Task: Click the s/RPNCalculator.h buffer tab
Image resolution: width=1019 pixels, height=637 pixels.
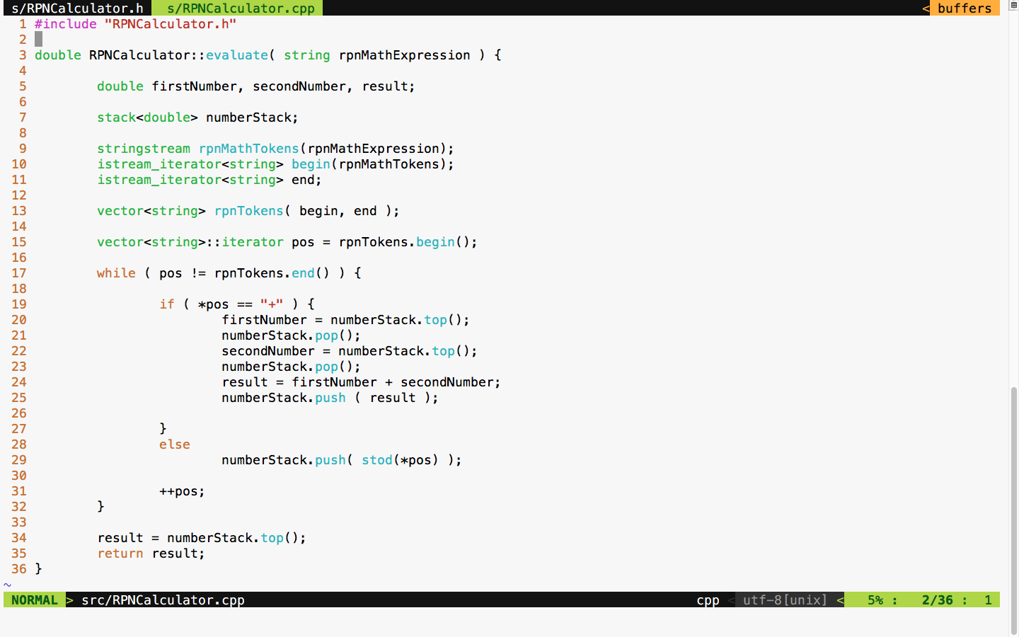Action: [77, 8]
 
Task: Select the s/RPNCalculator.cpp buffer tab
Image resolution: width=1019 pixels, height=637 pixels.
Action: [241, 8]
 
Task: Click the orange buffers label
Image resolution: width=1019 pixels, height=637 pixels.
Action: [964, 8]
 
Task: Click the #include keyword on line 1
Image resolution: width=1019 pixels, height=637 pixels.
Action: [66, 24]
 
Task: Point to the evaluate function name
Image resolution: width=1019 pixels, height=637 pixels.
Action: [237, 55]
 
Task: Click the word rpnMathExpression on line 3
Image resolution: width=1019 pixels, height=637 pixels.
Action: [404, 55]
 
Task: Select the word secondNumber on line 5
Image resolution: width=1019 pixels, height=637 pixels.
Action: [299, 86]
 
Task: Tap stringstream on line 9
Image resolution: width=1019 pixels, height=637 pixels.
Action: [144, 149]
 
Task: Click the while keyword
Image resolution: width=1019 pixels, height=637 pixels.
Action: [116, 273]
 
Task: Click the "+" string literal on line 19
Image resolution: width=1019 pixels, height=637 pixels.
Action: [272, 304]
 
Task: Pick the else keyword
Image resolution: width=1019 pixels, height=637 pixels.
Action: [175, 444]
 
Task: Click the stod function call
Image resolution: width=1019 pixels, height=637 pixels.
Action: [377, 460]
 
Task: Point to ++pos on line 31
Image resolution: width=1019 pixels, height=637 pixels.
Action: [182, 491]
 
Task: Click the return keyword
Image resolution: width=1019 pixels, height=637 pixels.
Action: [120, 553]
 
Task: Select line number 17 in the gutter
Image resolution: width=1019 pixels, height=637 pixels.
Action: [19, 273]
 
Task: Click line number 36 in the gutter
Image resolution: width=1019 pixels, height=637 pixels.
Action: [19, 569]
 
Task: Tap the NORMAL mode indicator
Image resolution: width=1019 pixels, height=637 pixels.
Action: [34, 600]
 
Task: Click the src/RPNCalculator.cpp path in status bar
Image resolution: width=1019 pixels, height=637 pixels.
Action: [163, 600]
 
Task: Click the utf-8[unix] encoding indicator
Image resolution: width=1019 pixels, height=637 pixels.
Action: [785, 600]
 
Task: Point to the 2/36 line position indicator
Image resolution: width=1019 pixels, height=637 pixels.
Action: [937, 600]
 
